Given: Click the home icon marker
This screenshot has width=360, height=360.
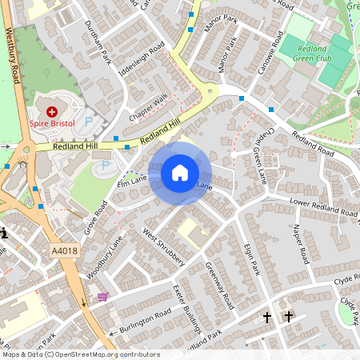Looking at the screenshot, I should pyautogui.click(x=180, y=173).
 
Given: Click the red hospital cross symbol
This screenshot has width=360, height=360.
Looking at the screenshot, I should pyautogui.click(x=53, y=112).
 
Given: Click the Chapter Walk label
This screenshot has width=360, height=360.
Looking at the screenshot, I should pyautogui.click(x=150, y=107).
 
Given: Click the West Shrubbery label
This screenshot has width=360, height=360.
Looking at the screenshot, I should pyautogui.click(x=164, y=247).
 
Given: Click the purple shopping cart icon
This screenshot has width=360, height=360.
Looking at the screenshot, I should pyautogui.click(x=102, y=297).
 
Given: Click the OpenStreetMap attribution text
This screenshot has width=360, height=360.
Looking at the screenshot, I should pyautogui.click(x=80, y=354).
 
